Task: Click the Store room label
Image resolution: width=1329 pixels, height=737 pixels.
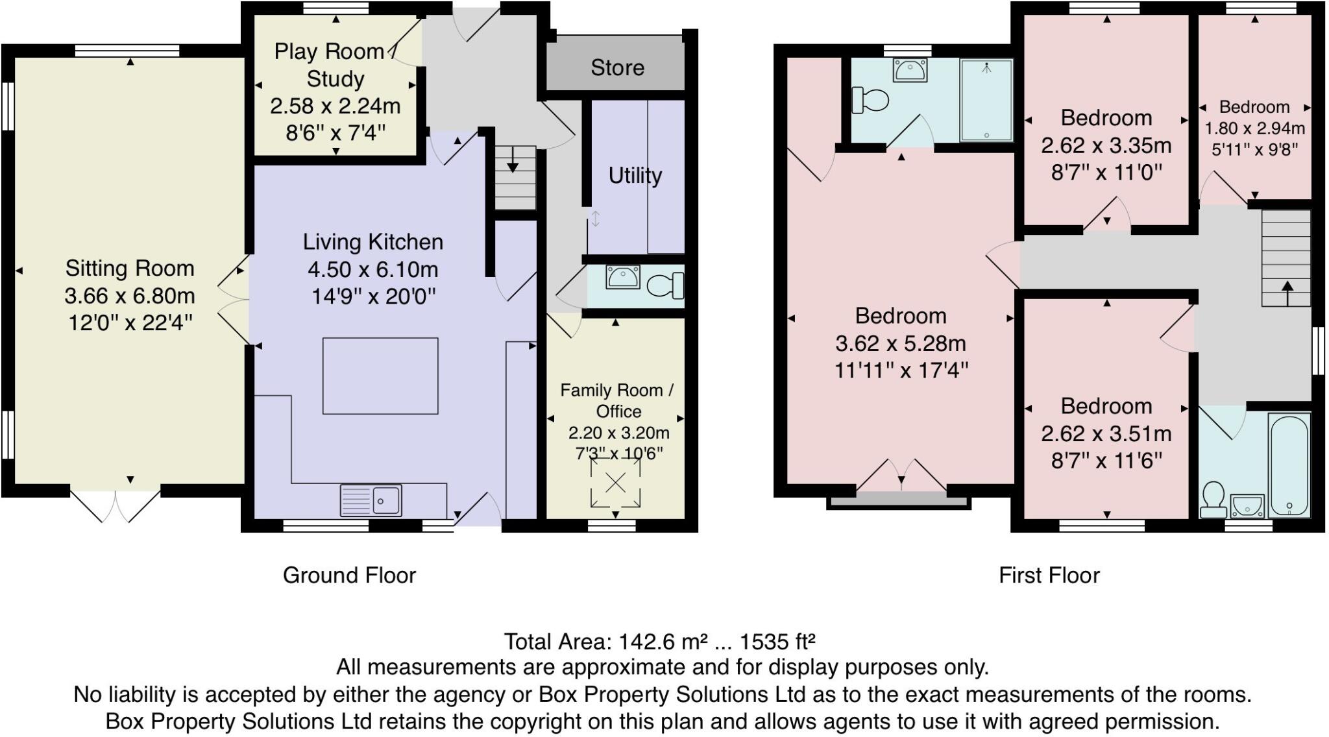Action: coord(617,67)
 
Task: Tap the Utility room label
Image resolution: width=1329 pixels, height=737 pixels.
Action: coord(635,175)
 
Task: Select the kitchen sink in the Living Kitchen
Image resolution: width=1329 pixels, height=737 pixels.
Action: coord(371,500)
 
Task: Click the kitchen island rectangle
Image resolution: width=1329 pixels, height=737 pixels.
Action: coord(380,376)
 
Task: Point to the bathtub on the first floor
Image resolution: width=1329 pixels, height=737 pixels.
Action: coord(1289,466)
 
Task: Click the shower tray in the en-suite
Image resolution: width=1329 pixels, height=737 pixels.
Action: coord(986,100)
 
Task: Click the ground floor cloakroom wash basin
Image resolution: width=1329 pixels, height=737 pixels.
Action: coord(623,277)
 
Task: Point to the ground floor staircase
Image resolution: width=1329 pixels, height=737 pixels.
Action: coord(516,177)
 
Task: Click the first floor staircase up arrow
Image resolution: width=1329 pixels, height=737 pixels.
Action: coord(1287,293)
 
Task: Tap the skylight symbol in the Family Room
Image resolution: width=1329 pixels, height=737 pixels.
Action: coord(615,482)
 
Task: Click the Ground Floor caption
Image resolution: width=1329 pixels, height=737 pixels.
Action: coord(349,575)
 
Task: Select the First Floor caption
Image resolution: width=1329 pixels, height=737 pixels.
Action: coord(1049,575)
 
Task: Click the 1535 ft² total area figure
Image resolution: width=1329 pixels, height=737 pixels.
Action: coord(777,642)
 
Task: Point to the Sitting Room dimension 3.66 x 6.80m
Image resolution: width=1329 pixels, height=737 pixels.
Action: coord(130,296)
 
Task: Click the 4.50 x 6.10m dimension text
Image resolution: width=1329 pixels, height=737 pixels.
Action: coord(373,269)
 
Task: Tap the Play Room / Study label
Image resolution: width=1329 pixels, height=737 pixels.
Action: coord(335,65)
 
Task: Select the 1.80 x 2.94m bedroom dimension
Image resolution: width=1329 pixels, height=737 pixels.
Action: coord(1254,128)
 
